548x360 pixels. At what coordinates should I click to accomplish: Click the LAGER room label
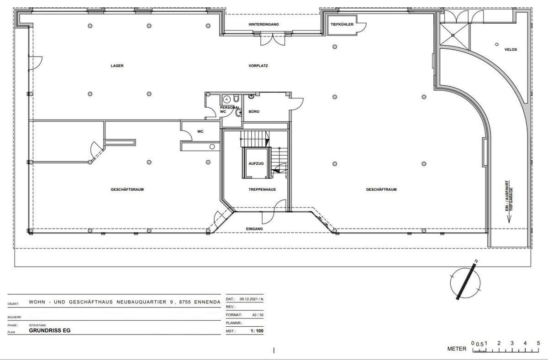pyautogui.click(x=117, y=66)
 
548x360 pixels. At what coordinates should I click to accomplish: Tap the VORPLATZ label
pyautogui.click(x=258, y=66)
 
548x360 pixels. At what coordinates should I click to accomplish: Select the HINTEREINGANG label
pyautogui.click(x=263, y=24)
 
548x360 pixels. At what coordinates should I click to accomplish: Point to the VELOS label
pyautogui.click(x=511, y=49)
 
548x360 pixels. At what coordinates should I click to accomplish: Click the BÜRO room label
pyautogui.click(x=254, y=111)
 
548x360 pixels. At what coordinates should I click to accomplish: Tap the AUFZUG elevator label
pyautogui.click(x=256, y=163)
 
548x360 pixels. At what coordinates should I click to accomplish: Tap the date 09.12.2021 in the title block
pyautogui.click(x=248, y=299)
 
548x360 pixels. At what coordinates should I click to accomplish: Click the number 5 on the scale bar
pyautogui.click(x=538, y=343)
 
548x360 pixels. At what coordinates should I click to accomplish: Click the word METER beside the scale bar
pyautogui.click(x=457, y=349)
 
